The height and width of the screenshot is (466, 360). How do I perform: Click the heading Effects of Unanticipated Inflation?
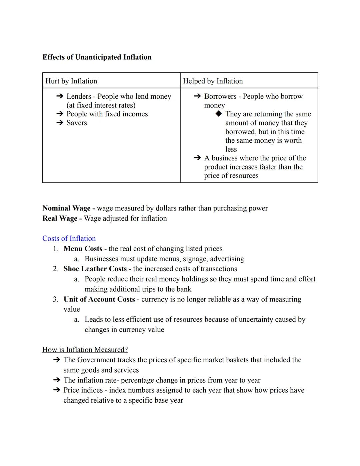(x=97, y=57)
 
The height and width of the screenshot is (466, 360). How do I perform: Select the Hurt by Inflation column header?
(x=71, y=81)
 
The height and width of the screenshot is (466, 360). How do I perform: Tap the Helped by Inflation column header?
(x=213, y=81)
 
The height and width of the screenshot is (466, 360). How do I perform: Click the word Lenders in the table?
(x=79, y=96)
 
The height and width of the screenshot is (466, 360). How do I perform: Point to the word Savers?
(x=77, y=123)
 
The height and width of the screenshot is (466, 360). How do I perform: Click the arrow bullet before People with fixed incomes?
(x=60, y=114)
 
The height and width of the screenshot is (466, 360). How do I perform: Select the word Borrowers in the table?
(x=220, y=96)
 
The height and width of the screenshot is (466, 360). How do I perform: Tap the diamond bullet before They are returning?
(x=218, y=114)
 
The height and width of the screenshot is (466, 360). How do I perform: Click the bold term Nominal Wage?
(x=66, y=208)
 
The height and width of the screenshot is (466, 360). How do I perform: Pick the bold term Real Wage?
(x=60, y=218)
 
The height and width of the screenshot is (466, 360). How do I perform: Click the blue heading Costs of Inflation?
(x=69, y=239)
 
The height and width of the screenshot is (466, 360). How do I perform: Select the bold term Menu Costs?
(x=83, y=249)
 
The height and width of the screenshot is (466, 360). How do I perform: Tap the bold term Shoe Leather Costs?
(x=95, y=269)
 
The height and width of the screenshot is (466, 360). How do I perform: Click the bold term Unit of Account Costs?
(x=99, y=299)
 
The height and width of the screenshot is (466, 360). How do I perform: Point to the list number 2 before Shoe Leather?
(x=55, y=269)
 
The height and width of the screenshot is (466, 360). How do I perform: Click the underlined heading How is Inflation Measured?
(x=85, y=350)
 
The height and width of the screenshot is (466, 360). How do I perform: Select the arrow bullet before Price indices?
(x=57, y=390)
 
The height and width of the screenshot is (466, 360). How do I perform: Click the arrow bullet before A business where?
(x=197, y=158)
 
